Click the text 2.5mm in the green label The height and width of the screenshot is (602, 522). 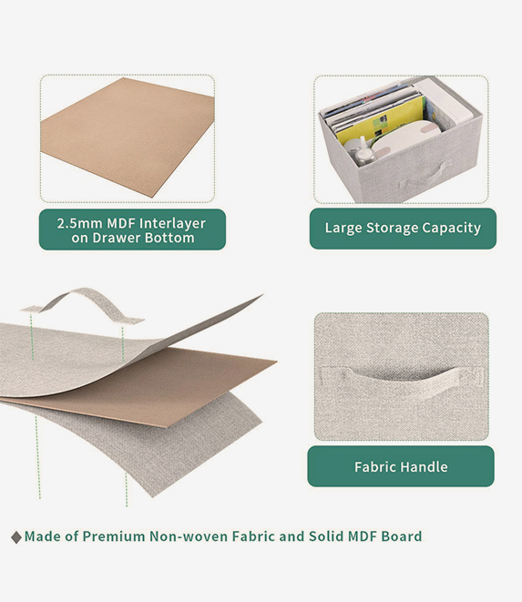(80, 223)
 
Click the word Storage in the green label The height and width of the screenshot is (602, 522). (392, 228)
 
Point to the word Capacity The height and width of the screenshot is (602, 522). (452, 228)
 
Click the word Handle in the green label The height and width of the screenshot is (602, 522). (424, 467)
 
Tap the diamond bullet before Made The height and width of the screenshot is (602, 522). (16, 537)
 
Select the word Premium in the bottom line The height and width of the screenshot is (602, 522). (113, 536)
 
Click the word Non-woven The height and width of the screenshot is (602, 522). (189, 536)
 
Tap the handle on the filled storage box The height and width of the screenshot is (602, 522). (425, 176)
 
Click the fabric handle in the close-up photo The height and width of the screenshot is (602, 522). (402, 379)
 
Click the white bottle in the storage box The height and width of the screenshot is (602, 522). (362, 152)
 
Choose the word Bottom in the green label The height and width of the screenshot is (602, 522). (169, 238)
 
